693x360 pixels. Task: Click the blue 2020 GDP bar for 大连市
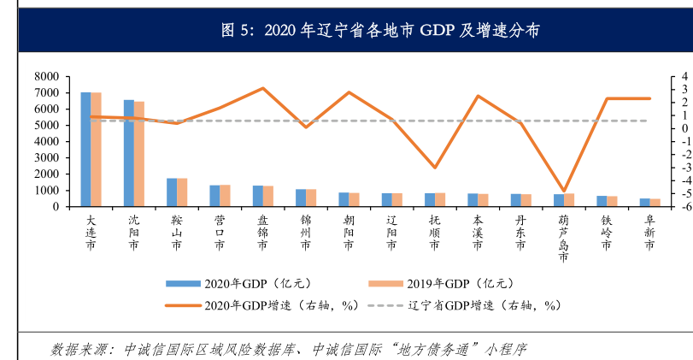pos(85,150)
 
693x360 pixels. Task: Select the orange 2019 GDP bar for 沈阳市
pos(139,154)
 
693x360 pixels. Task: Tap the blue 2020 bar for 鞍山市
pos(172,192)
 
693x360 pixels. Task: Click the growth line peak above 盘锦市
pos(262,88)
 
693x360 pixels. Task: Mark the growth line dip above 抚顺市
pos(434,168)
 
